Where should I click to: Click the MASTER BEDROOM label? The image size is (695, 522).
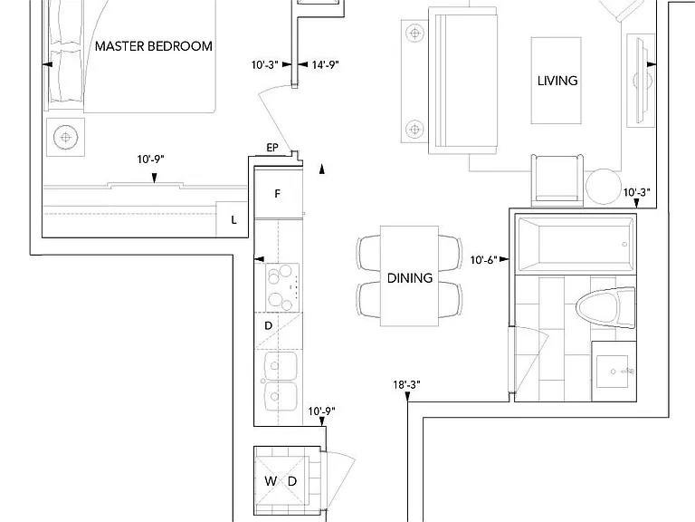[x=153, y=46]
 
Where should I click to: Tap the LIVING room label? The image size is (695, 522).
[x=557, y=81]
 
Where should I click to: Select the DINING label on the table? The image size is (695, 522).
[x=410, y=278]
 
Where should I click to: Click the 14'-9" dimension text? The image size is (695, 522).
[x=326, y=65]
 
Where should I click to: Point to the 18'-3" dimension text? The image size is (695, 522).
[x=406, y=385]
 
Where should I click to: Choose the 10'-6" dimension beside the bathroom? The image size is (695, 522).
[x=483, y=260]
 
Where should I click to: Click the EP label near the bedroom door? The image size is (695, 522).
[x=272, y=148]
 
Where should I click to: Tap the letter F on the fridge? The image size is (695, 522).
[x=278, y=194]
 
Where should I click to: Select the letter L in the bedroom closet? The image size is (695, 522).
[x=234, y=219]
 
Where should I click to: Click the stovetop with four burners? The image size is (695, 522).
[x=282, y=287]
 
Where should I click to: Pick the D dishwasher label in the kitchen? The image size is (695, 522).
[x=268, y=326]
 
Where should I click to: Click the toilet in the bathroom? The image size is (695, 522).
[x=605, y=307]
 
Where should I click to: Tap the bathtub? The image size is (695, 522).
[x=576, y=244]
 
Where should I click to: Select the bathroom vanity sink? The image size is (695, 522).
[x=613, y=371]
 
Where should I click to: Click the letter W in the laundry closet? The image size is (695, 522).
[x=271, y=480]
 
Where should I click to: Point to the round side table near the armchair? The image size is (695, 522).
[x=604, y=187]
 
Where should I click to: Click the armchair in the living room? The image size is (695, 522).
[x=557, y=180]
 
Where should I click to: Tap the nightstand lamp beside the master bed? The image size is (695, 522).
[x=65, y=137]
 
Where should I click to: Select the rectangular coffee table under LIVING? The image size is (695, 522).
[x=557, y=81]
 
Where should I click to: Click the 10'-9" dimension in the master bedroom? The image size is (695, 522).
[x=151, y=159]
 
